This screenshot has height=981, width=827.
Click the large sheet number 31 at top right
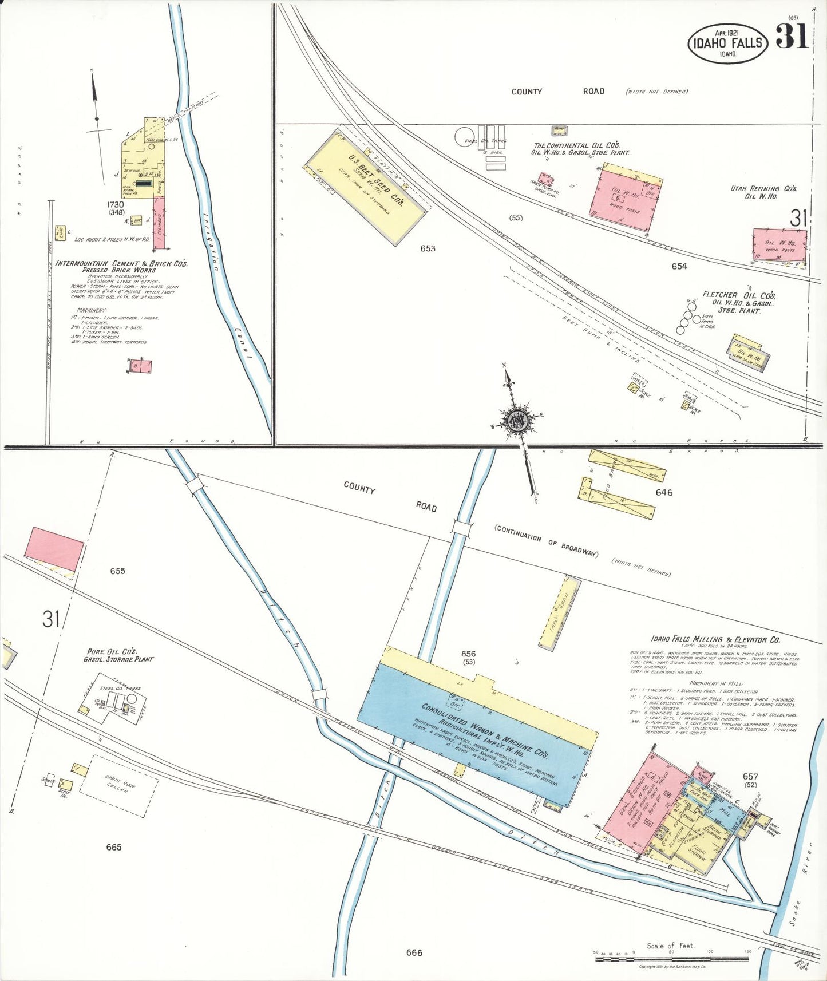click(x=792, y=37)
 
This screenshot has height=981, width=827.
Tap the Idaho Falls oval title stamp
click(x=727, y=43)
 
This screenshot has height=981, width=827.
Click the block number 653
click(x=428, y=248)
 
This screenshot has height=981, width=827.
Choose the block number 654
click(x=679, y=266)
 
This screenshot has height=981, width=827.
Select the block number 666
click(x=414, y=952)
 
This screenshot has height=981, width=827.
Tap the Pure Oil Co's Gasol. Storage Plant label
click(x=118, y=655)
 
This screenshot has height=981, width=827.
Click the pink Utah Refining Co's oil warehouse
click(x=779, y=245)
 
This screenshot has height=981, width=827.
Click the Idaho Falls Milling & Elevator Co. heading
click(x=715, y=639)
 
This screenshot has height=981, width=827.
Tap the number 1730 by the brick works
click(x=115, y=204)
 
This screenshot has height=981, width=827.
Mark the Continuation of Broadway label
click(x=547, y=541)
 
